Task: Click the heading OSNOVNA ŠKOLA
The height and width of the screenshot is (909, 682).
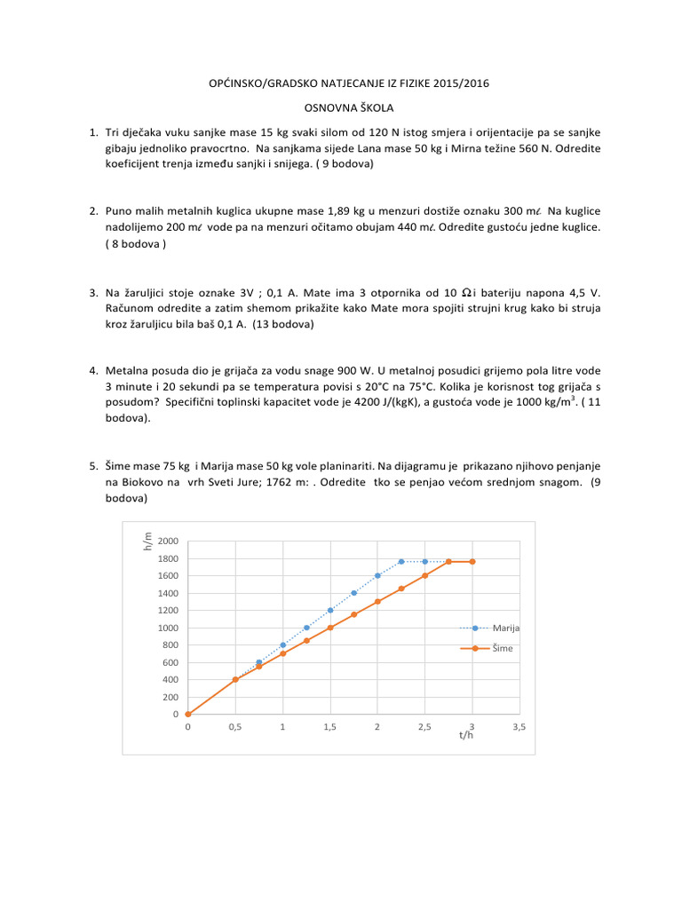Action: click(x=342, y=107)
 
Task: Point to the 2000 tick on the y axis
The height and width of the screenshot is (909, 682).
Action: click(x=169, y=541)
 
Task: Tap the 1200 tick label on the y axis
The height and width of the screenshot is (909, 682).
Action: click(x=169, y=611)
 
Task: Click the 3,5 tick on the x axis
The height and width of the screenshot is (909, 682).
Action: click(x=519, y=727)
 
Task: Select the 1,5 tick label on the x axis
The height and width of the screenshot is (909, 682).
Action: click(x=330, y=727)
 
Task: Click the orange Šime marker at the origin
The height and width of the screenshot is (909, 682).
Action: click(x=188, y=714)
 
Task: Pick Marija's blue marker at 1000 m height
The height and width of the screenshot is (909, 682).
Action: click(x=306, y=628)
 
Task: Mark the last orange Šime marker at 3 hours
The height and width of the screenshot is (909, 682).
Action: click(x=472, y=562)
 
